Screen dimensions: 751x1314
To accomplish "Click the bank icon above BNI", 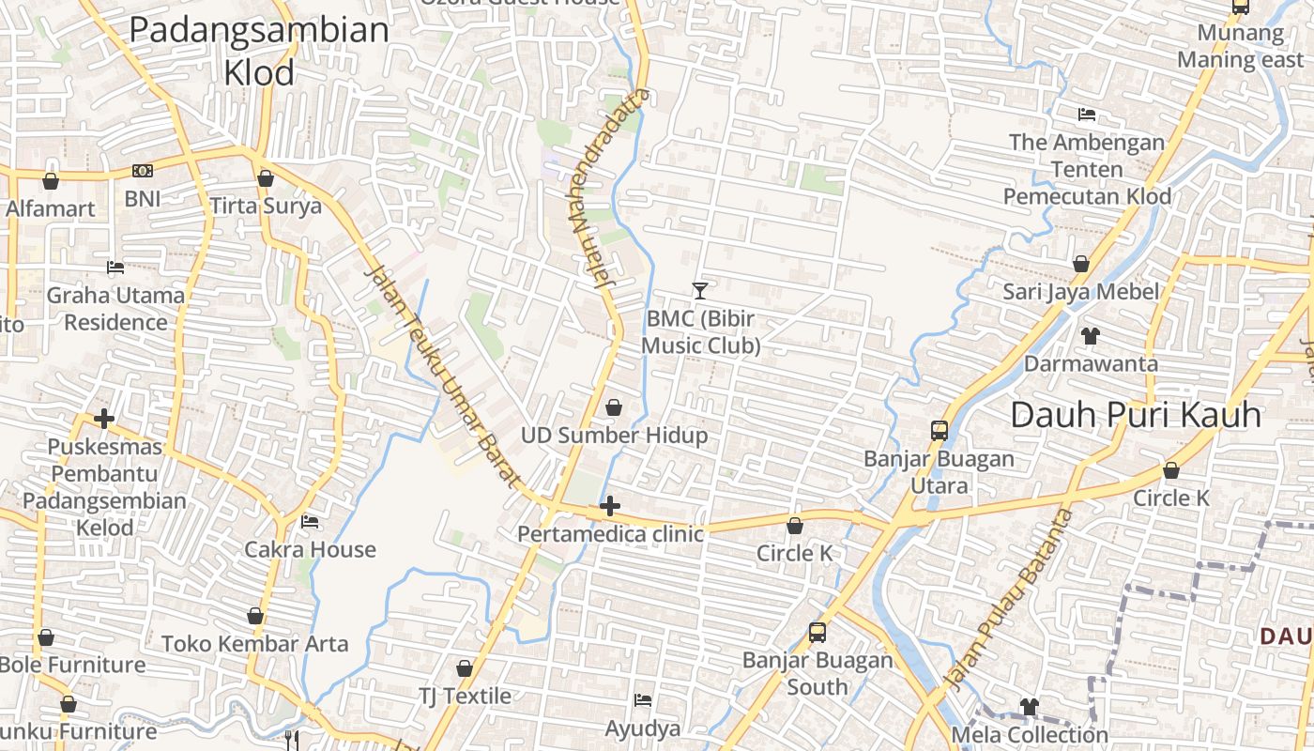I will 143,171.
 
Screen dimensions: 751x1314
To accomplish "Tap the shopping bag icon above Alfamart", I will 51,180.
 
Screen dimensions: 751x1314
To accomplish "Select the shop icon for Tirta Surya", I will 266,177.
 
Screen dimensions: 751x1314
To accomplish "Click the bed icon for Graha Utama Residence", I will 115,268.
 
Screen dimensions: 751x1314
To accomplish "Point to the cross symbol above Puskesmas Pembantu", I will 104,419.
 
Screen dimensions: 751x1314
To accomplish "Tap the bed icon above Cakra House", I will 310,522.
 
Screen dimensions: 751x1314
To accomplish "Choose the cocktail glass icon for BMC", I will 699,290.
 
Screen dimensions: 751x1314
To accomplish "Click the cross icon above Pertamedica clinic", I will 610,507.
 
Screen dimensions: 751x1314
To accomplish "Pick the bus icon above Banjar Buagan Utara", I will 940,431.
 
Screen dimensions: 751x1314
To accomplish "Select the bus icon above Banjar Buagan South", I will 817,632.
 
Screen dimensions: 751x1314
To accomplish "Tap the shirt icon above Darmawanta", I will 1090,335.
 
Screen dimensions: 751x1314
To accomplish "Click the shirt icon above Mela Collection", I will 1030,706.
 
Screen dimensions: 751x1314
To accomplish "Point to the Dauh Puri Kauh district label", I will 1136,414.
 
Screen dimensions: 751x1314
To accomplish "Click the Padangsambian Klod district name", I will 259,51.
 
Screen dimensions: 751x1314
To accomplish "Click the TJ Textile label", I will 466,696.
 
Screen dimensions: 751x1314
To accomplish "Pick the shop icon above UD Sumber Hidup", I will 614,407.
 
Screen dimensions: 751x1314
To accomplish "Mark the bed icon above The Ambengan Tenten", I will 1087,115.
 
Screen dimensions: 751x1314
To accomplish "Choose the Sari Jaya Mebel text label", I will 1081,291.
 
